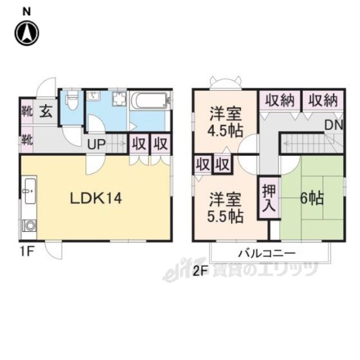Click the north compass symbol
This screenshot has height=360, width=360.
click(27, 33)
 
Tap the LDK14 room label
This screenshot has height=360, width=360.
click(96, 199)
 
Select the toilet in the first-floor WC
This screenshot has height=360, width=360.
click(72, 100)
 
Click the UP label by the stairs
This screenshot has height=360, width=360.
click(96, 145)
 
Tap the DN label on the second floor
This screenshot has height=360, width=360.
click(334, 125)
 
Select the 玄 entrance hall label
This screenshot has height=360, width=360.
click(46, 112)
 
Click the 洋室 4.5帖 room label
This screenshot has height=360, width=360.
click(225, 123)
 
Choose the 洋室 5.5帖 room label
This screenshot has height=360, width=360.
click(225, 208)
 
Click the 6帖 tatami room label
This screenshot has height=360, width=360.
click(312, 198)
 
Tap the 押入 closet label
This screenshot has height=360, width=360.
click(269, 198)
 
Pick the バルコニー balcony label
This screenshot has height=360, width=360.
click(267, 254)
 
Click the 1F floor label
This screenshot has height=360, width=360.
click(27, 251)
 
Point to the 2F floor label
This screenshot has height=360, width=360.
click(200, 272)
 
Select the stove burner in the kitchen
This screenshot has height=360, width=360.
click(30, 225)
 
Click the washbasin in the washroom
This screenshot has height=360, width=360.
click(93, 96)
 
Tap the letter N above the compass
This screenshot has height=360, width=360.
click(26, 12)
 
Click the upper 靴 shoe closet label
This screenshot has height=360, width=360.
click(27, 112)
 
